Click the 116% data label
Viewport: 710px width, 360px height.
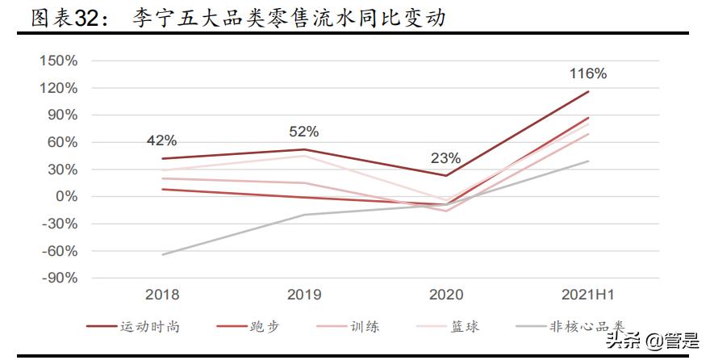point(587,73)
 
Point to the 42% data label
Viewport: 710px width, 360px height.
point(161,140)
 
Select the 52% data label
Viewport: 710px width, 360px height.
point(303,131)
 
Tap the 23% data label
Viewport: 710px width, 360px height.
point(445,157)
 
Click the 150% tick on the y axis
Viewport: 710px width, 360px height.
point(58,61)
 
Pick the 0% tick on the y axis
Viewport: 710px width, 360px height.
point(66,196)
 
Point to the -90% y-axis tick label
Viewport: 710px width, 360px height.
point(58,278)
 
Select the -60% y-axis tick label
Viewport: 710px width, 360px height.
point(58,250)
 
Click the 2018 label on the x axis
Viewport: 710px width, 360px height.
point(162,295)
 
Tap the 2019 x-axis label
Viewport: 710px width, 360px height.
point(304,295)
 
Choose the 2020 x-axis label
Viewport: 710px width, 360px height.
point(446,295)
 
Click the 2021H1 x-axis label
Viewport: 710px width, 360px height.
point(588,295)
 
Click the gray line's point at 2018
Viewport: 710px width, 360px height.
point(162,255)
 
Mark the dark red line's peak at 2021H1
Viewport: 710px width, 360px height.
point(588,91)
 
